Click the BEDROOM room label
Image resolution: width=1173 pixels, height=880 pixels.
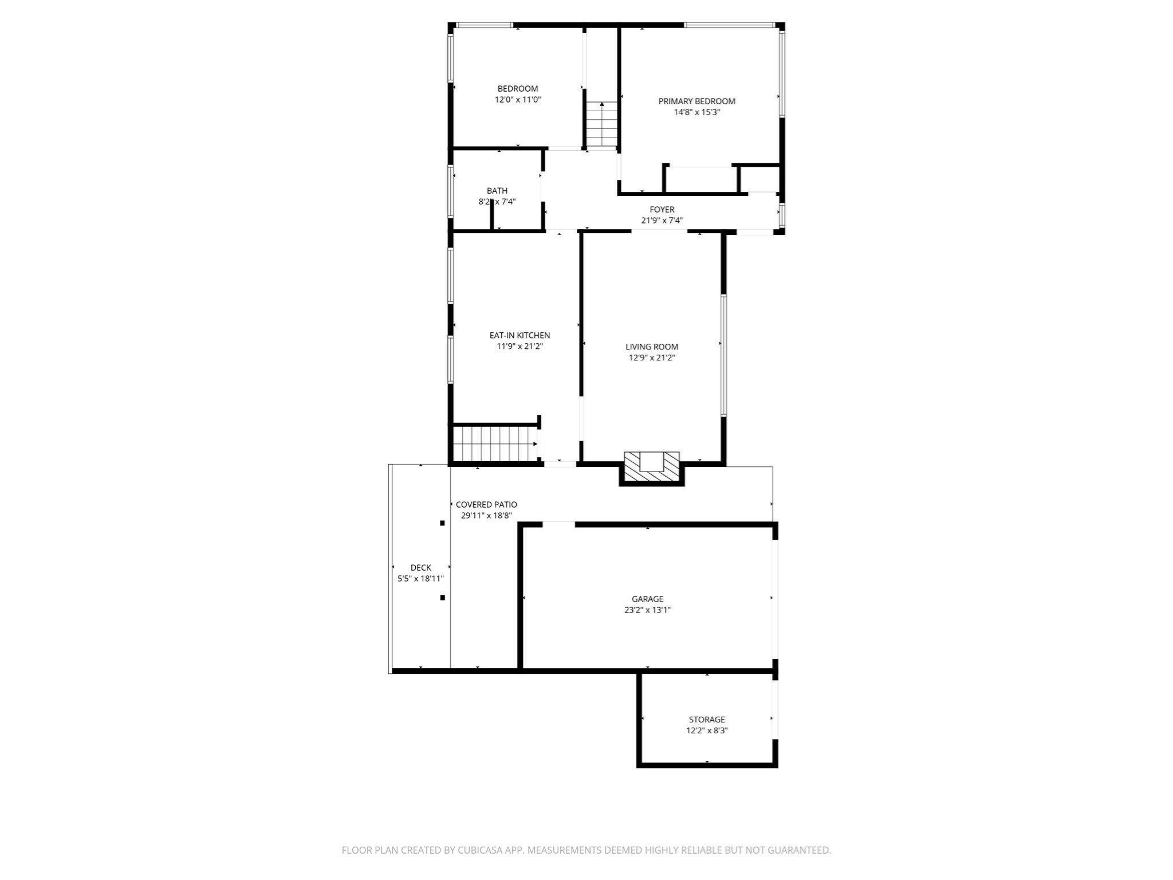[518, 89]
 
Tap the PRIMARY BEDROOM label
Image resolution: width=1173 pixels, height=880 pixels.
[696, 101]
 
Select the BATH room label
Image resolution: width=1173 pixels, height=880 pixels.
[497, 191]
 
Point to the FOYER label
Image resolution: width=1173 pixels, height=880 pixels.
[662, 210]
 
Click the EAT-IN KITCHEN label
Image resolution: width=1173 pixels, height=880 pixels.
[519, 336]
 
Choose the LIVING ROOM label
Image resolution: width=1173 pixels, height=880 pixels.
[652, 347]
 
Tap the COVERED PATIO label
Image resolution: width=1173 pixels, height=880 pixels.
[486, 505]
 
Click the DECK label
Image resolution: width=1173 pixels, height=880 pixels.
[420, 568]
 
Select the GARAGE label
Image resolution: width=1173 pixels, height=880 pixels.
[648, 599]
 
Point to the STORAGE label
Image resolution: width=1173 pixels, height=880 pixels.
[707, 720]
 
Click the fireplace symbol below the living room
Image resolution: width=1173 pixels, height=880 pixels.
[651, 466]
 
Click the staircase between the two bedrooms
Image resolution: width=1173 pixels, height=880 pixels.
[601, 124]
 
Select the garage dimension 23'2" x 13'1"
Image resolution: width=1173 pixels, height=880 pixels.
[648, 610]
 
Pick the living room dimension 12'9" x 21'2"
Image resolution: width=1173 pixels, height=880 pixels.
[652, 358]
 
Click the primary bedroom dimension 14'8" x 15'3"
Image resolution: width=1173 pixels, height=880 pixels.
[696, 112]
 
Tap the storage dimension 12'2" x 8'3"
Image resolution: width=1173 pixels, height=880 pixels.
[707, 730]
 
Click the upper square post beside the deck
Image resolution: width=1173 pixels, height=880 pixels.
[442, 523]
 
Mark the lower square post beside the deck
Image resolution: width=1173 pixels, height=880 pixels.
[442, 598]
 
